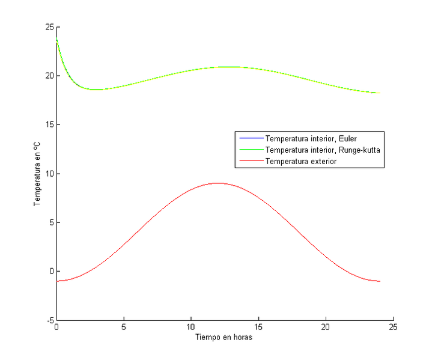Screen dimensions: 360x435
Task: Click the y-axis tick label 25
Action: tap(49, 27)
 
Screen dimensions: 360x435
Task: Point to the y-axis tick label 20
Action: tap(49, 76)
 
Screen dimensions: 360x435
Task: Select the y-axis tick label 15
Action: tap(49, 124)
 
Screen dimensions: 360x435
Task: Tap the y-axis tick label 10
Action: tap(49, 174)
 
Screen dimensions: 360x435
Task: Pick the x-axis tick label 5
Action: tap(124, 328)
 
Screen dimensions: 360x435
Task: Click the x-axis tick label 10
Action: tap(191, 328)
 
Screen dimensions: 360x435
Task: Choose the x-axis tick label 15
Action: tap(258, 328)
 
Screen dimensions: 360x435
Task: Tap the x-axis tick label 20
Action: tap(326, 328)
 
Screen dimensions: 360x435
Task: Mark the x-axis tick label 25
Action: tap(393, 328)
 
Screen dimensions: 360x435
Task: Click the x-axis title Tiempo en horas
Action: tap(224, 338)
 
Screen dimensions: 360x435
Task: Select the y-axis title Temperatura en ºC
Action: tap(37, 174)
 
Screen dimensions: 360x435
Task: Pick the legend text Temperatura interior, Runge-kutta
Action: tap(322, 150)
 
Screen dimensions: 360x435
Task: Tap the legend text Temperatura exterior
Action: tap(301, 160)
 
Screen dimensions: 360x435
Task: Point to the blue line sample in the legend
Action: tap(250, 139)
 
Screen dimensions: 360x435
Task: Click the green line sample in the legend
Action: tap(250, 150)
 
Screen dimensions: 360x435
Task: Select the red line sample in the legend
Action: tap(250, 160)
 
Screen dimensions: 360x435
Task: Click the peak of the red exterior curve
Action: tap(218, 183)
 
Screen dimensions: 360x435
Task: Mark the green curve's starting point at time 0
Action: tap(56, 38)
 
